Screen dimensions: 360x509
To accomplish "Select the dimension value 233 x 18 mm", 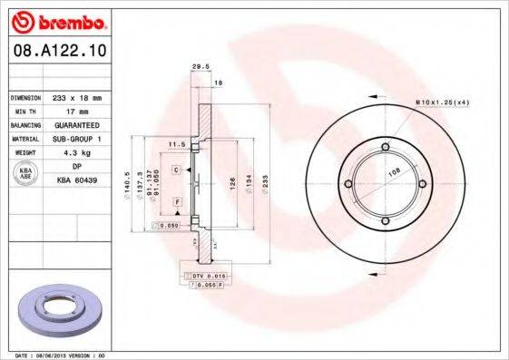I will [x=76, y=96].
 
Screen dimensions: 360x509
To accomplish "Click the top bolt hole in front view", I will [x=385, y=147].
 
